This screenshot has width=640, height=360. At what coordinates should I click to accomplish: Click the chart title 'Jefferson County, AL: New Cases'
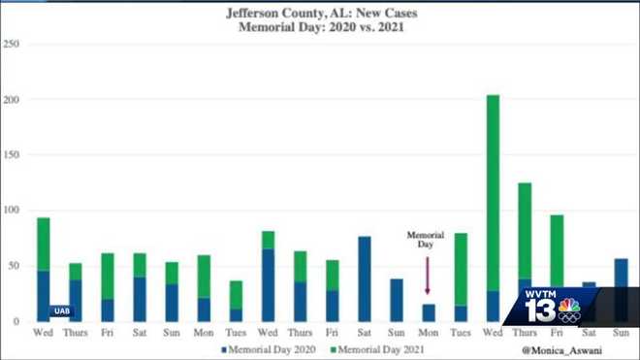coord(321,14)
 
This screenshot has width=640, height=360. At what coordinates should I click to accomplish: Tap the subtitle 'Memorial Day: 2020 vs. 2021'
coord(321,28)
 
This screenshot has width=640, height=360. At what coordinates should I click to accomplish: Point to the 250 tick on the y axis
coord(12,44)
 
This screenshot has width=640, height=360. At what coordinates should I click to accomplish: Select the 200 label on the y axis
coord(12,99)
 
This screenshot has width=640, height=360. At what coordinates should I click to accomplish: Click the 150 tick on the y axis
coord(12,154)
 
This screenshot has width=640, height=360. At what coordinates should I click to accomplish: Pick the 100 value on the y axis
coord(12,210)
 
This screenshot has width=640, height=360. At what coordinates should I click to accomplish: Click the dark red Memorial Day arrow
coord(427,277)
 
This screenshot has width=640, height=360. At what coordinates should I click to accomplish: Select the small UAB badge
coord(62,311)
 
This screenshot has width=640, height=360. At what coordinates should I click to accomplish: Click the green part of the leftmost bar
coord(44,244)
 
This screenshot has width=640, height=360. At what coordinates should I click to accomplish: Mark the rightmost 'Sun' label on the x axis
coord(622,333)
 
